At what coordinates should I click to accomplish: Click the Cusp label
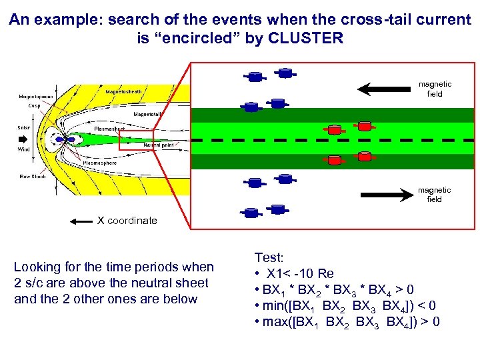pos(34,105)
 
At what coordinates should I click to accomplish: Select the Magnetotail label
pos(147,114)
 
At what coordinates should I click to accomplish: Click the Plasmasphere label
pos(100,163)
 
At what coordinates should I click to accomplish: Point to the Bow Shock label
pos(33,177)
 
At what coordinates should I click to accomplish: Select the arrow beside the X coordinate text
pos(81,221)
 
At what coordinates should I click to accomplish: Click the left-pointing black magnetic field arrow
pos(384,89)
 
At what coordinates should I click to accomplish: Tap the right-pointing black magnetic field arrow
pos(387,195)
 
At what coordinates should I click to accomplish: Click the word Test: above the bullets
pos(269,257)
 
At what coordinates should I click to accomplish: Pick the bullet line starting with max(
pos(346,323)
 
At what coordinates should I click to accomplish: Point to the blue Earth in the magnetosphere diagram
pos(60,139)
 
